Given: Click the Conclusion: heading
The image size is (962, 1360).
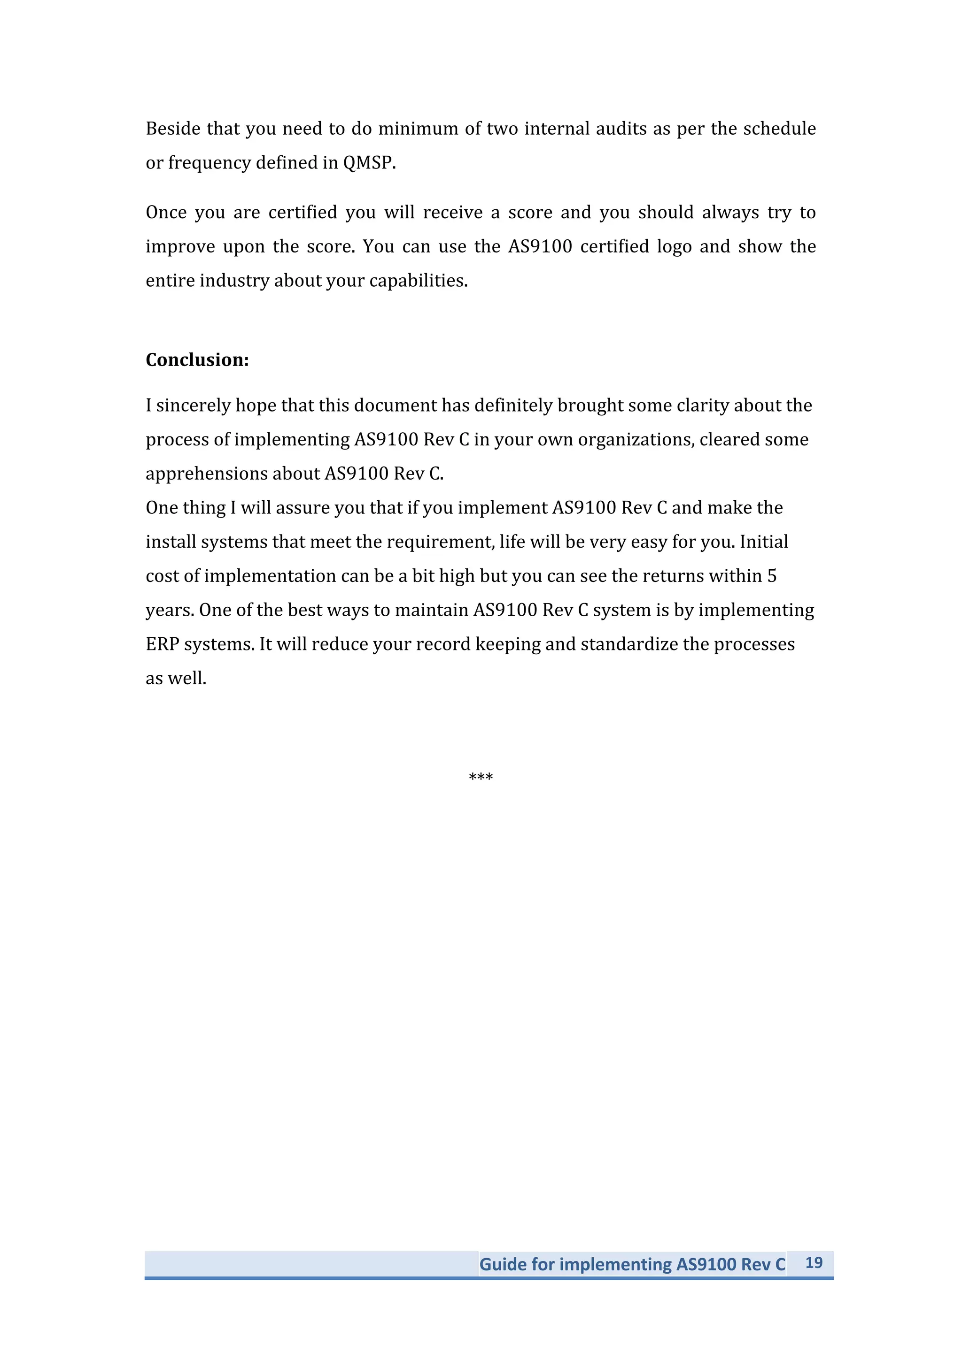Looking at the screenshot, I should point(197,359).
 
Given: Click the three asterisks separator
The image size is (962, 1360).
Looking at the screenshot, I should point(481,777).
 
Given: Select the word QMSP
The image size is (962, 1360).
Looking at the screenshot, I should point(369,162).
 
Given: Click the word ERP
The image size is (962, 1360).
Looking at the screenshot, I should point(163,644).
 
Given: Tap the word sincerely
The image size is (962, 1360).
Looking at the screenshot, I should point(193,406).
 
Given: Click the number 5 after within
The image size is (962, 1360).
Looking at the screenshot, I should point(772,576).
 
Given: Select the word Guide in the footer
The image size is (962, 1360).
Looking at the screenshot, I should point(503,1264).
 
